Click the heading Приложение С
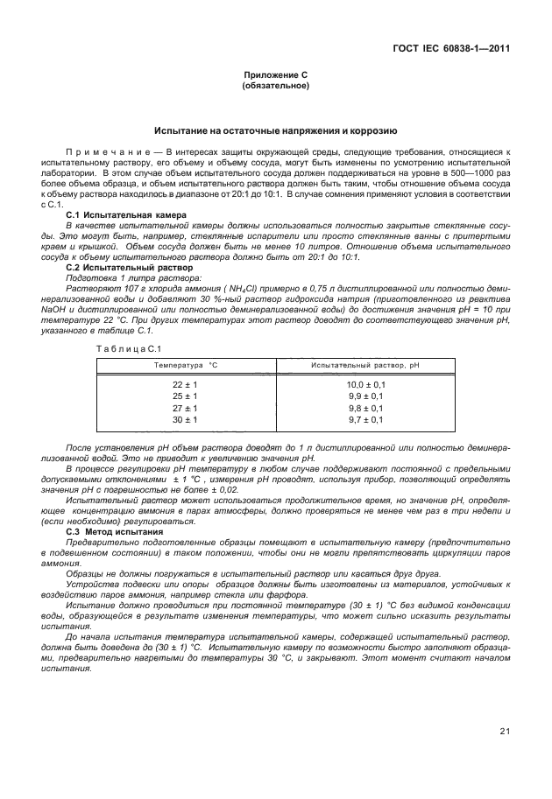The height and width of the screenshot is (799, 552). click(x=275, y=76)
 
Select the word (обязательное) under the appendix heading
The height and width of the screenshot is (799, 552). click(x=275, y=87)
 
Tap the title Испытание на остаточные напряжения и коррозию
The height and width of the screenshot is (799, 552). click(x=275, y=130)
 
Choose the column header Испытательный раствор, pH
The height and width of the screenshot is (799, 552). click(x=366, y=364)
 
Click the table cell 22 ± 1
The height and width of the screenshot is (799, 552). click(x=186, y=384)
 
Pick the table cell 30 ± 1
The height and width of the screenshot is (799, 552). click(x=186, y=420)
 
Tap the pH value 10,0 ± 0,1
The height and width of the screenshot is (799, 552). click(x=366, y=384)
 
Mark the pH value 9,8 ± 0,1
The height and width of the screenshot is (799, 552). click(x=366, y=408)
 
